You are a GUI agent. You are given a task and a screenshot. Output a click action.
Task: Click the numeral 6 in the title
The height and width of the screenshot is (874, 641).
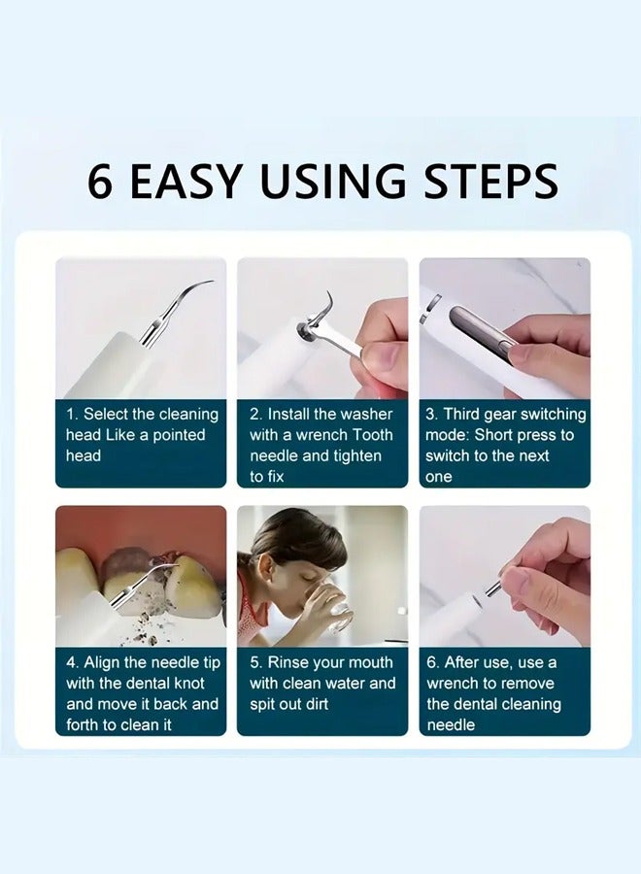tap(99, 181)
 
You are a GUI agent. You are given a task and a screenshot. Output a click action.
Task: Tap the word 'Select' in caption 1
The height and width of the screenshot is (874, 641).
tap(107, 415)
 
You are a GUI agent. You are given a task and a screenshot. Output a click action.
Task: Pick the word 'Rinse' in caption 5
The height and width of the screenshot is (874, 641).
tap(290, 662)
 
